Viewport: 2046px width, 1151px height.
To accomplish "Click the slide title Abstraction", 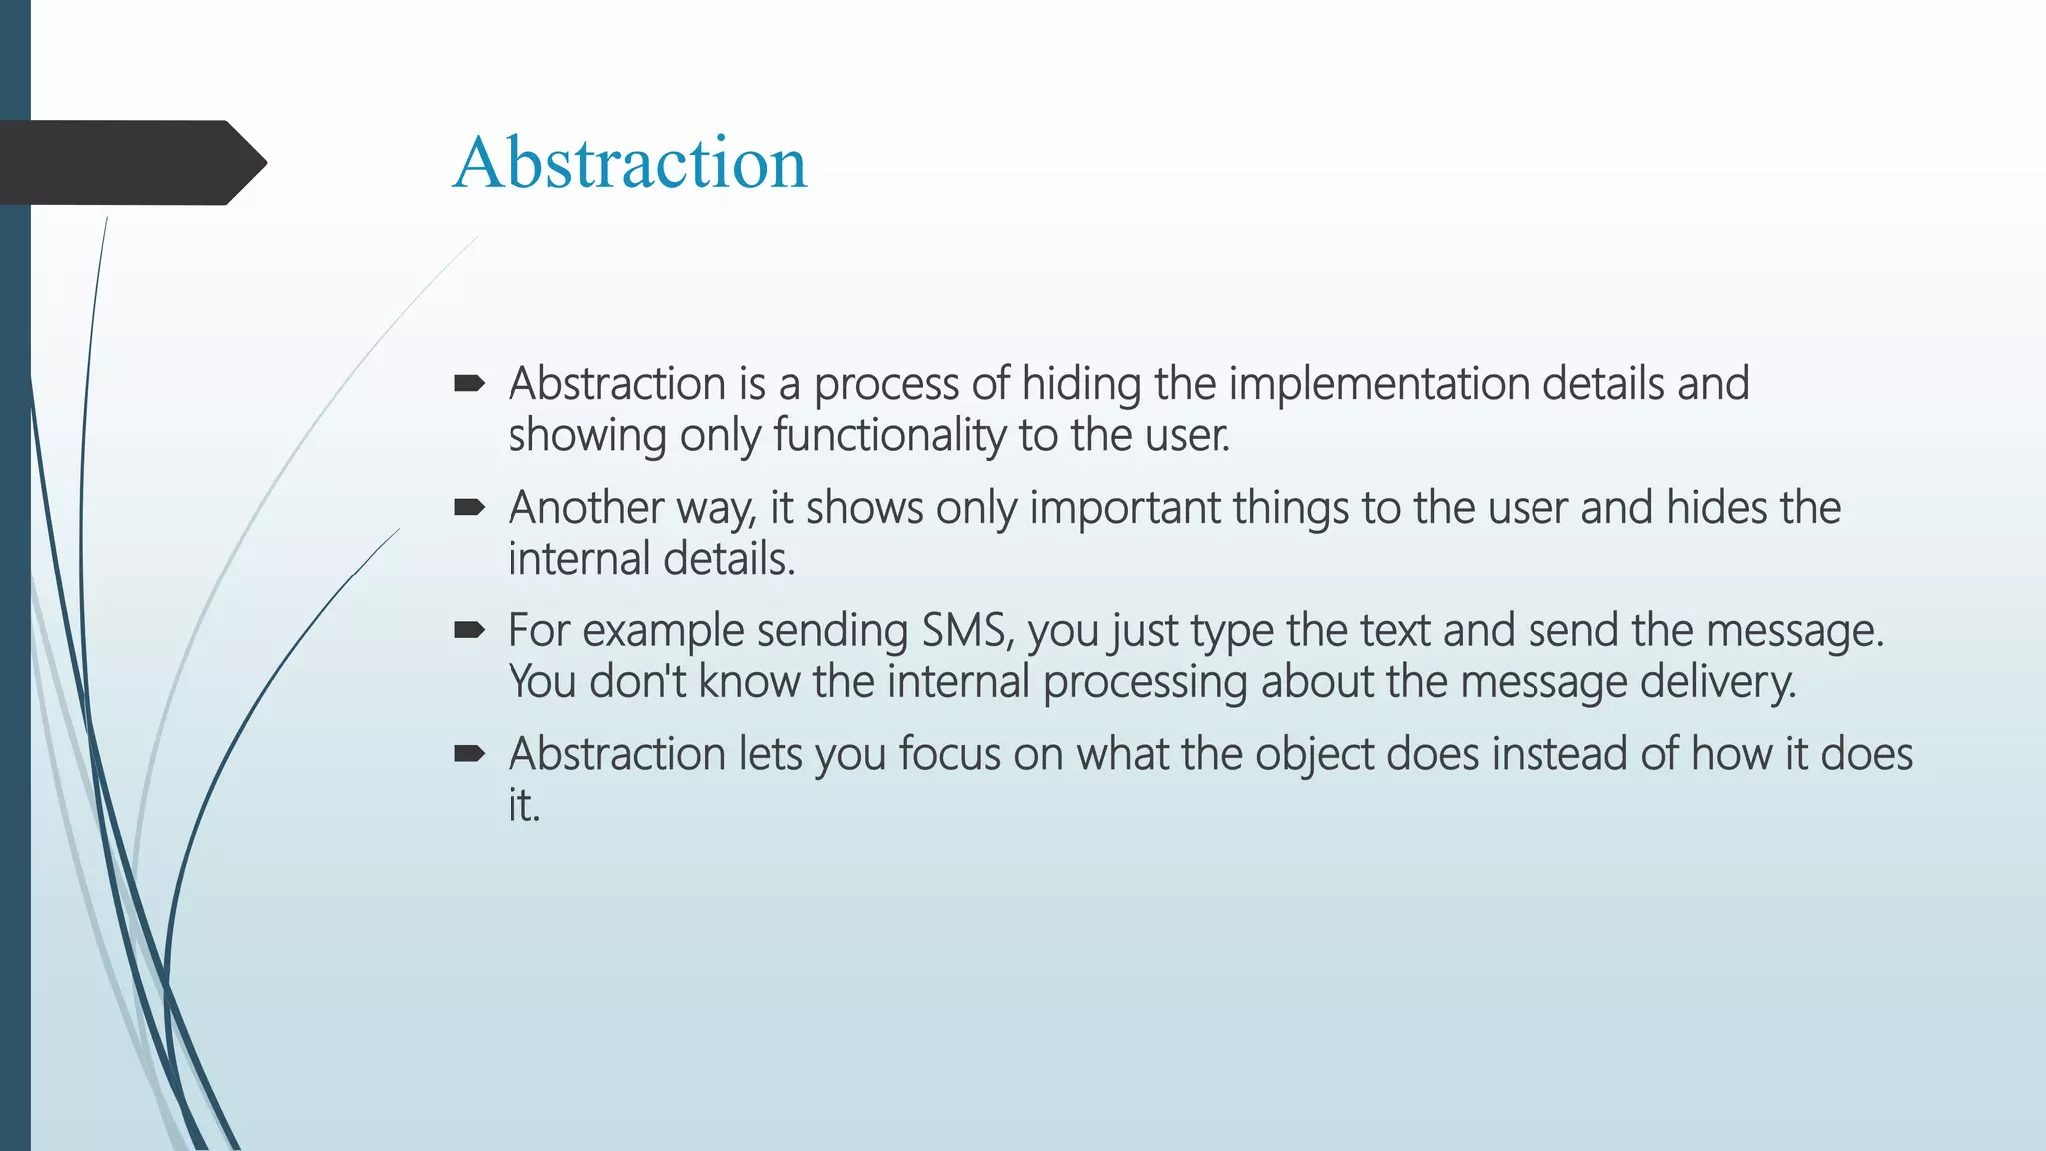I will [x=629, y=163].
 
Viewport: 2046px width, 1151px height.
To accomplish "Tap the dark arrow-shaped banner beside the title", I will [x=130, y=163].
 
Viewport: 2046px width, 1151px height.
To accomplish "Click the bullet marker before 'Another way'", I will [x=469, y=508].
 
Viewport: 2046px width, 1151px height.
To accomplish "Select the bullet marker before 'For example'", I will [x=469, y=630].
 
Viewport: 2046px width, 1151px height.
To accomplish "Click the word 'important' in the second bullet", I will [x=1124, y=508].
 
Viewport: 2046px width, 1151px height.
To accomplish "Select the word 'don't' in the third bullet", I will [x=638, y=682].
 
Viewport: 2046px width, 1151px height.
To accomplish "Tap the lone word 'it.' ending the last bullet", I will [x=524, y=805].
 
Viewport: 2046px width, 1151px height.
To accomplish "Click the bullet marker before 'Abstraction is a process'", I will [x=469, y=384].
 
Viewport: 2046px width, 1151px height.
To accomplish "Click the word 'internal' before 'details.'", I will [x=578, y=559].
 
